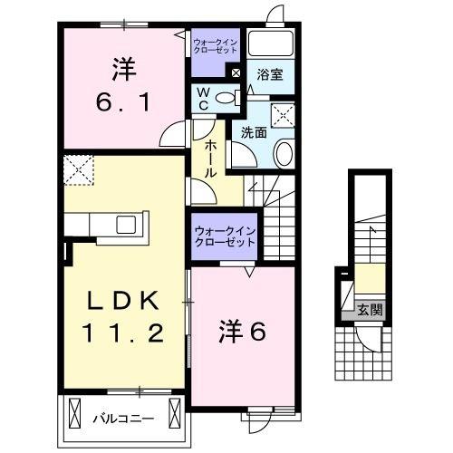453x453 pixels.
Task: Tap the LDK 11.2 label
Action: [126, 317]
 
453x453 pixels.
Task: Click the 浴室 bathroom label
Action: [269, 76]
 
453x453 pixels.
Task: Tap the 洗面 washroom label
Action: [254, 132]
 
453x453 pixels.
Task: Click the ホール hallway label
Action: [210, 158]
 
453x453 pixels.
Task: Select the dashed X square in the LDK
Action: [76, 169]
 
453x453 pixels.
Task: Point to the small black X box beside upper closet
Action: [235, 74]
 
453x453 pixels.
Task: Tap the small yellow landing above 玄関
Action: [369, 275]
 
